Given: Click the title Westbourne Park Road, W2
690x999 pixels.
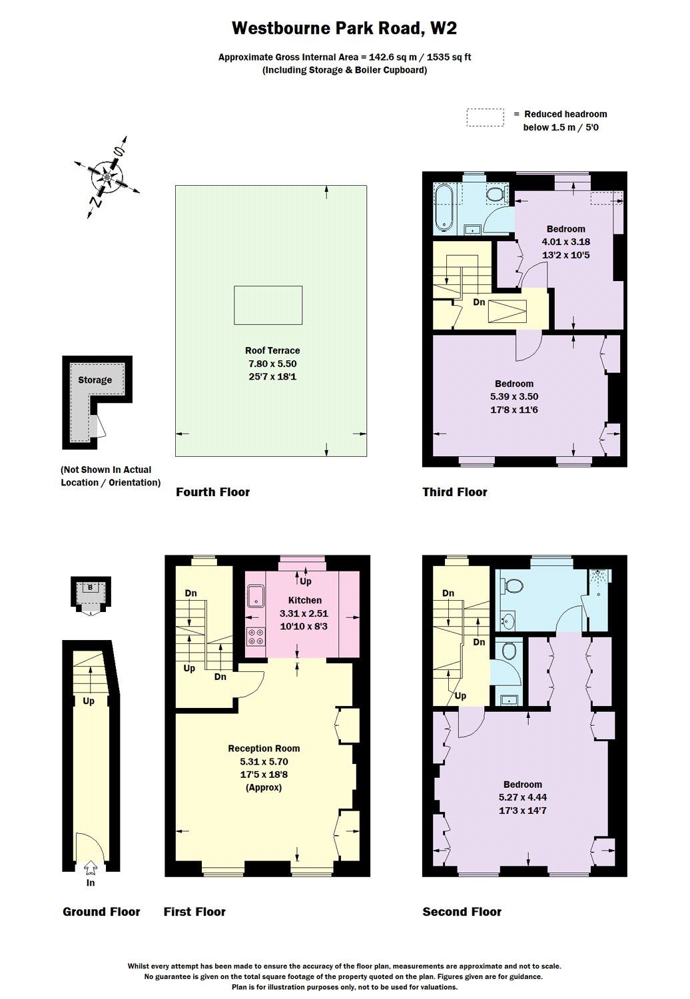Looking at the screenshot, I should (344, 28).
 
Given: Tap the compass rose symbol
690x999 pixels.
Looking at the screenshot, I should (107, 177).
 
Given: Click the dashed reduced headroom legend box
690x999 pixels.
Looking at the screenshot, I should (485, 117).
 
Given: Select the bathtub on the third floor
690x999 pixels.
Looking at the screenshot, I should (444, 208).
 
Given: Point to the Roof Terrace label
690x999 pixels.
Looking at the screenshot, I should (272, 350).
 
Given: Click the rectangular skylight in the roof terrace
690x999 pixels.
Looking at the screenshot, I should (268, 305).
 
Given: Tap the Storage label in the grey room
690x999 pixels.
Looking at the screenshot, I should (95, 380).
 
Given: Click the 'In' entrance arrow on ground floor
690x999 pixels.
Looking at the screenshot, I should (91, 868).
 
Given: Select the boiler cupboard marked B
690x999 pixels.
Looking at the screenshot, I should (90, 587).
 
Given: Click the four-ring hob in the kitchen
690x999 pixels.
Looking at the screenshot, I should (255, 637).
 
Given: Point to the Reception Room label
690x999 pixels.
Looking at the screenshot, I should (264, 749).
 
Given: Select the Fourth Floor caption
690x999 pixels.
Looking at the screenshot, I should (212, 492).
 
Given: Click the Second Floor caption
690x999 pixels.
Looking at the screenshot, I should (462, 912).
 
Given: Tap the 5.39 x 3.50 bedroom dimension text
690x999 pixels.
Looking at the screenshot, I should (514, 396).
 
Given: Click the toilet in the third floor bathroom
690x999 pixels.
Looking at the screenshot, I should (494, 194).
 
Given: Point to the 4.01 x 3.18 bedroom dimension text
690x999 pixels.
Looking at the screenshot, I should (565, 242).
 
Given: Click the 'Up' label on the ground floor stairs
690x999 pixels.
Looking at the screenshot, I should (89, 701).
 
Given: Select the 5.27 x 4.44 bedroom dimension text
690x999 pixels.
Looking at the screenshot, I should (523, 797).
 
